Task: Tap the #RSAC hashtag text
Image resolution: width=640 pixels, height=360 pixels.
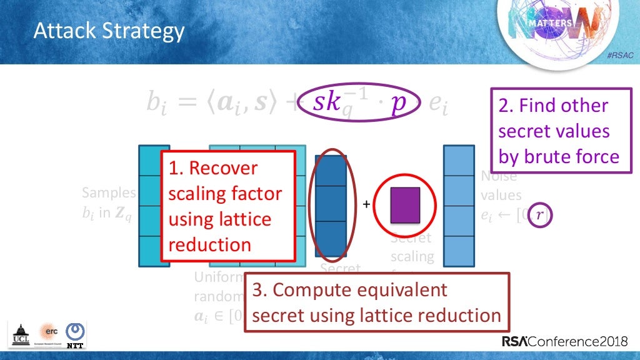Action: pos(620,56)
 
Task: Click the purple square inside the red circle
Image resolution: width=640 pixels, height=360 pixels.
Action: pos(405,204)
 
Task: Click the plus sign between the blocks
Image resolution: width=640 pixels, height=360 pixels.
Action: pos(367,204)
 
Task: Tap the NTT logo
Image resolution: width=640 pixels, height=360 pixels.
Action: pos(76,335)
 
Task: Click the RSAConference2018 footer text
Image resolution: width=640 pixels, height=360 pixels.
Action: pos(568,342)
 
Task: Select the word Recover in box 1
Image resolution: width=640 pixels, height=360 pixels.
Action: pos(222,168)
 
